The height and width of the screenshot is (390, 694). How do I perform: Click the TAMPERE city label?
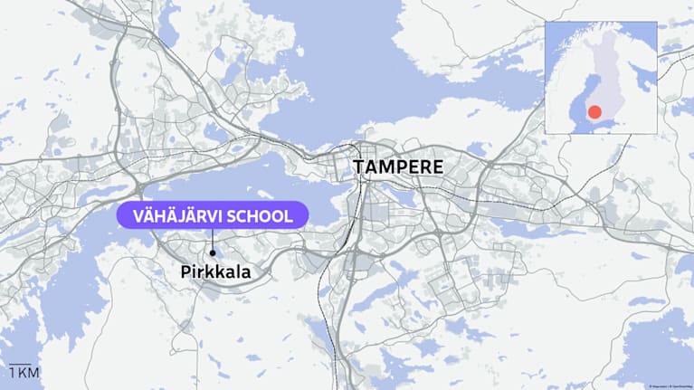click(398, 167)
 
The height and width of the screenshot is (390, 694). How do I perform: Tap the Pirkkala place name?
click(214, 271)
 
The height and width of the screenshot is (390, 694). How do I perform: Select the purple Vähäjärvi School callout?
click(213, 215)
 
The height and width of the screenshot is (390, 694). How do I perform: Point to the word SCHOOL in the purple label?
click(262, 215)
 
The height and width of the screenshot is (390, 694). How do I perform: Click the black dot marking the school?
click(212, 252)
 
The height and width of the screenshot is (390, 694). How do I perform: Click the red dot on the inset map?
click(594, 112)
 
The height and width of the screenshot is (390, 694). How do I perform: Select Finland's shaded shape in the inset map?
click(604, 72)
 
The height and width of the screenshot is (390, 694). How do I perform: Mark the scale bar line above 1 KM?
click(19, 365)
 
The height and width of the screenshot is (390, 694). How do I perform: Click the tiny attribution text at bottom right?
click(667, 384)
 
